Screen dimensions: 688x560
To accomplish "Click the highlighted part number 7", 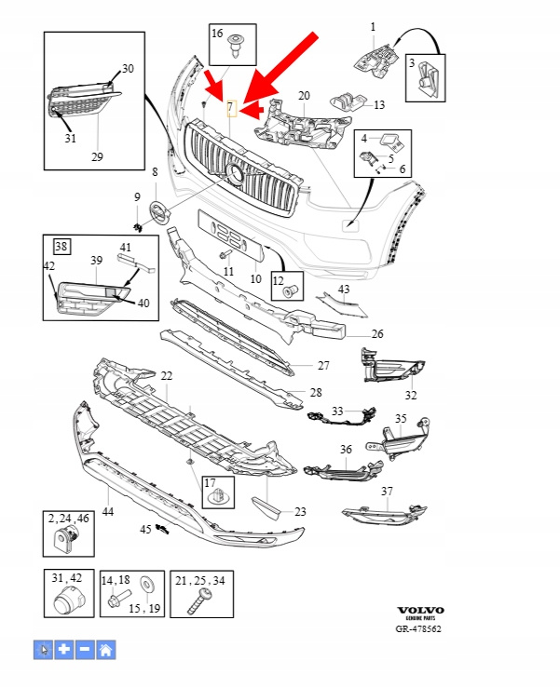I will tap(232, 108).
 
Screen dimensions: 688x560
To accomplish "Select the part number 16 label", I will tap(217, 34).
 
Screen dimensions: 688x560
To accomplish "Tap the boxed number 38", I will tap(61, 247).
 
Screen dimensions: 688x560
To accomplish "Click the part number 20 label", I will tap(304, 96).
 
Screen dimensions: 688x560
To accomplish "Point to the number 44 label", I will tap(108, 511).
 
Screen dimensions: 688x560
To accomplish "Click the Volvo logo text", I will tap(420, 611).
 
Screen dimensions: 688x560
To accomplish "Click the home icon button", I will tap(106, 650).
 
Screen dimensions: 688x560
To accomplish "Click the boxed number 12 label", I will tap(278, 279).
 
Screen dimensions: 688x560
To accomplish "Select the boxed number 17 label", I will tap(210, 485).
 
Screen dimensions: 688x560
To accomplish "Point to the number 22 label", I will tap(167, 375).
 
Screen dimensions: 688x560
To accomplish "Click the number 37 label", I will tap(387, 491).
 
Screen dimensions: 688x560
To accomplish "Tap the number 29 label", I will tap(97, 156).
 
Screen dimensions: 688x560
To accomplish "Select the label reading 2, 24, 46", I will tap(68, 517).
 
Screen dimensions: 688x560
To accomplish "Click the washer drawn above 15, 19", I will tap(145, 584).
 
